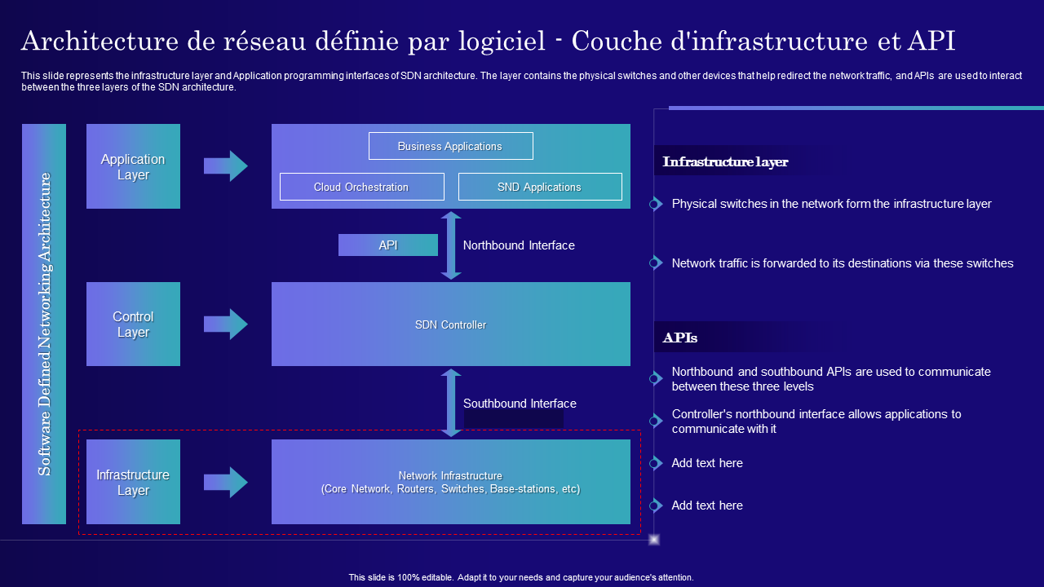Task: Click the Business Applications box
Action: point(451,146)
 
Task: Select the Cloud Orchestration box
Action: point(361,187)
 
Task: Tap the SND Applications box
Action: point(540,187)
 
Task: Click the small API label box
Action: point(387,245)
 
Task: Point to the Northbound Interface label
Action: point(519,245)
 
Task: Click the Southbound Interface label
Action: point(520,404)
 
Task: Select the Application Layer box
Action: point(133,166)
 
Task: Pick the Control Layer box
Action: point(133,324)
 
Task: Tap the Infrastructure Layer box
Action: point(133,482)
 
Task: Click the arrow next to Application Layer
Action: point(226,166)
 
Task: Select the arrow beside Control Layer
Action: point(226,324)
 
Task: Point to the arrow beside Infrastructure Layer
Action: point(226,482)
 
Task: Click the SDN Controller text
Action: point(451,324)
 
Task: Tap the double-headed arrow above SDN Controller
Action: point(451,245)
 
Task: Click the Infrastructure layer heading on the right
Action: point(725,161)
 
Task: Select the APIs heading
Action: point(680,338)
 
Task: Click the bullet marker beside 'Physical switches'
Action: point(655,204)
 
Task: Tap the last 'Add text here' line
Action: point(707,505)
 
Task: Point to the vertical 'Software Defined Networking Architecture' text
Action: point(44,324)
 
